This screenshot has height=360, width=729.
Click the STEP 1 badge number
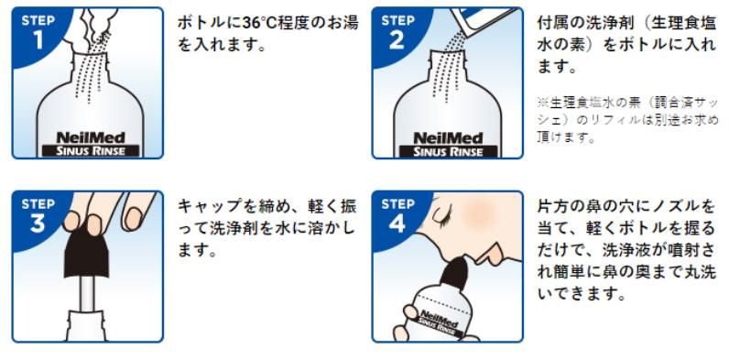coord(38,40)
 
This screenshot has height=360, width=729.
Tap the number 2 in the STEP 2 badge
coord(397,40)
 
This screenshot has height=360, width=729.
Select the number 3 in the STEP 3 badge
coord(38,224)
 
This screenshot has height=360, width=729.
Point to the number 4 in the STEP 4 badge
coord(397,224)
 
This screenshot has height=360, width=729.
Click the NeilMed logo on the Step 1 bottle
coord(90,137)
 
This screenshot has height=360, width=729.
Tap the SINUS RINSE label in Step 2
coord(449,151)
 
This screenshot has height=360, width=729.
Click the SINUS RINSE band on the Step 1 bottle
coord(90,151)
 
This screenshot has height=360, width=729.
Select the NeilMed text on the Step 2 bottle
coord(449,137)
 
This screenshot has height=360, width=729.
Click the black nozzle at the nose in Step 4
coord(456,273)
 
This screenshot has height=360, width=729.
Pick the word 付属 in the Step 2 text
coord(551,23)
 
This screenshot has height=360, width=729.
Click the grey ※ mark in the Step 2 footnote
coord(542,102)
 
